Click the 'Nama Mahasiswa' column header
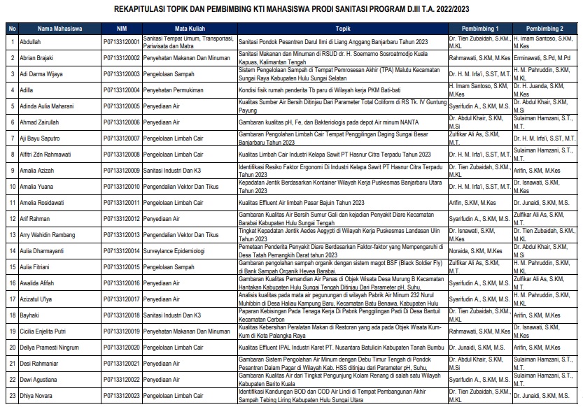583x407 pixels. [x=60, y=29]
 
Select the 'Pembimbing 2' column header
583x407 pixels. [x=546, y=29]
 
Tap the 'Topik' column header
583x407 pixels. [x=342, y=29]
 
